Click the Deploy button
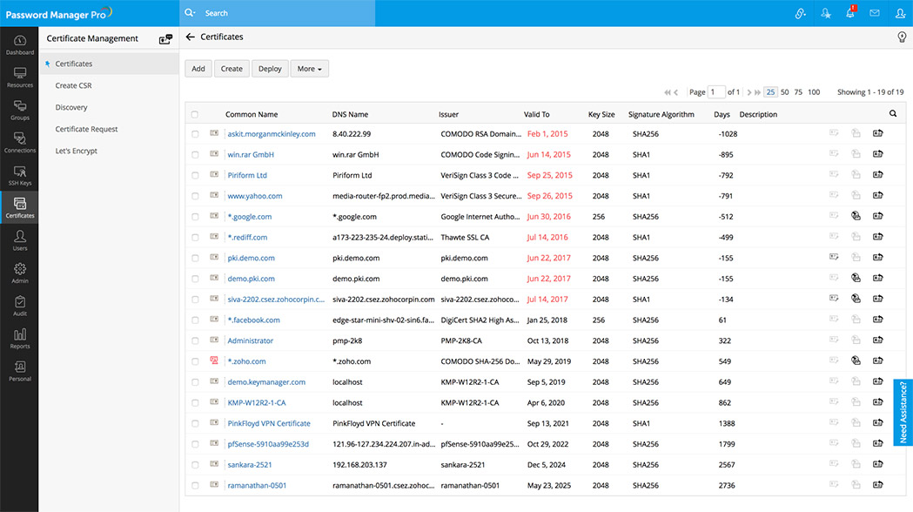pos(271,69)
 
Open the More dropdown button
pos(309,69)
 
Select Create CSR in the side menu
pos(73,85)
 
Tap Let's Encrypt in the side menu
pos(76,151)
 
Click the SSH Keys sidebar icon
pos(19,176)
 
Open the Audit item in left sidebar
pos(19,306)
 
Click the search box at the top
pos(279,13)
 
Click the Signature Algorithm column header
pos(661,114)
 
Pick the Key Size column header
pos(601,114)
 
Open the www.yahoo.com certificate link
pos(255,196)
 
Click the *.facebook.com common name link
pos(253,320)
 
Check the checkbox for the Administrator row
pos(195,341)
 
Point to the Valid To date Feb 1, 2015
pos(547,134)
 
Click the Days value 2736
pos(726,486)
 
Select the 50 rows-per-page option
pos(785,92)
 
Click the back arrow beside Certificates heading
pos(191,37)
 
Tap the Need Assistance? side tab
pos(903,413)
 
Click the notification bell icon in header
pos(850,13)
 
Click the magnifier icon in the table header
pos(892,114)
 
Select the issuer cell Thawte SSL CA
pos(465,238)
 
